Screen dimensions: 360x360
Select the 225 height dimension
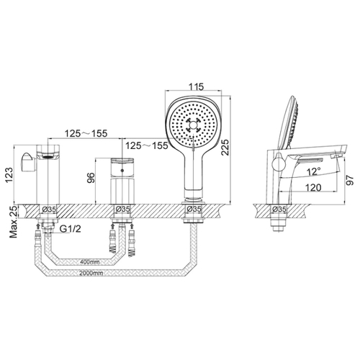(x=225, y=148)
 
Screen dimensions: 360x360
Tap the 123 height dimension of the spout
(x=10, y=175)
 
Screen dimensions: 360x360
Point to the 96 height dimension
(x=91, y=178)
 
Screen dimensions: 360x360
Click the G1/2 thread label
(x=71, y=229)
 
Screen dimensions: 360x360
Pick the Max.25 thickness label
(x=14, y=222)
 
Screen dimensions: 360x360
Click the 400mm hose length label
(x=89, y=261)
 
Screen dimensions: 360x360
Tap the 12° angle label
(x=314, y=171)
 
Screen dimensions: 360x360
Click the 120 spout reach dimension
(x=313, y=187)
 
